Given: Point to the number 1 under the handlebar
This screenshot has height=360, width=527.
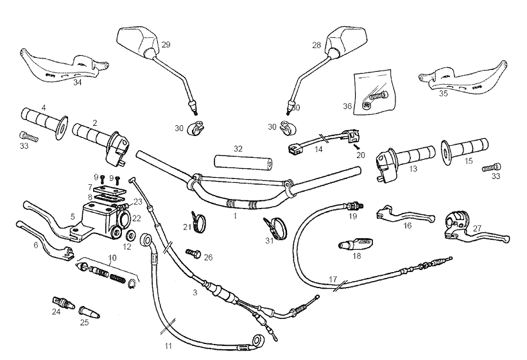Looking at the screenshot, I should pos(236,216).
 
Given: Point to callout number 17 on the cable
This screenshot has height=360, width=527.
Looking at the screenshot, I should pos(332,279).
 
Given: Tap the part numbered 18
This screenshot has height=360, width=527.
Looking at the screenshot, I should pos(354,244).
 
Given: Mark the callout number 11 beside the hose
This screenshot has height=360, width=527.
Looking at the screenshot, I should pos(168,346).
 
